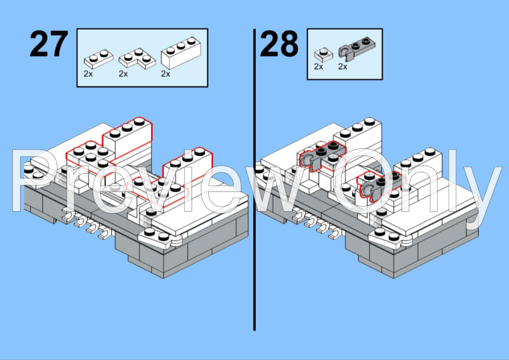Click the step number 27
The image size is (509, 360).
[49, 43]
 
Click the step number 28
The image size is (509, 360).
[279, 43]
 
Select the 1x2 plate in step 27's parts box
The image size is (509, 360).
[99, 59]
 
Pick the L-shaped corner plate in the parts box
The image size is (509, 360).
[137, 59]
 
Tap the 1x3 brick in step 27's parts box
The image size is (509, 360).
[181, 53]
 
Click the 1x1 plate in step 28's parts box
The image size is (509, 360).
[323, 54]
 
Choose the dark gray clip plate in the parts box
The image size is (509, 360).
[357, 48]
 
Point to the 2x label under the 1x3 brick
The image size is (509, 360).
[166, 74]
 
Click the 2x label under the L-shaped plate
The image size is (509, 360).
[123, 74]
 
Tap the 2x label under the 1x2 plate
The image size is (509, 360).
[88, 74]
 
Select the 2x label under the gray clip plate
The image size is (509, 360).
[343, 66]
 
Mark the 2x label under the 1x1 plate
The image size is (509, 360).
[319, 66]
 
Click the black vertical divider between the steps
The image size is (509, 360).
[254, 179]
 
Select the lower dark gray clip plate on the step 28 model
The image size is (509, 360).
[380, 187]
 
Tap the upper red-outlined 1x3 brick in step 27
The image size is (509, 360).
[128, 137]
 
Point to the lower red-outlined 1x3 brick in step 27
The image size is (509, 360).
[187, 167]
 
